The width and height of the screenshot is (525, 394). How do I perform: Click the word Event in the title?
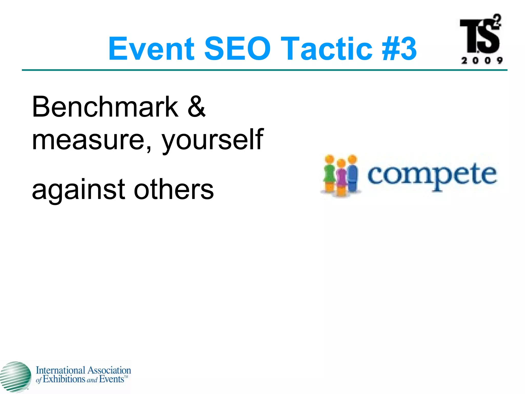(x=151, y=49)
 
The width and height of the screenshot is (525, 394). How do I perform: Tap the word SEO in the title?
(x=237, y=49)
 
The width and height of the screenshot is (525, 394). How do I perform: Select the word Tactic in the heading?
(x=326, y=49)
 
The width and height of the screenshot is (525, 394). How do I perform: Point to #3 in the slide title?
(x=399, y=49)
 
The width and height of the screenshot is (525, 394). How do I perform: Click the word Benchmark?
(x=105, y=107)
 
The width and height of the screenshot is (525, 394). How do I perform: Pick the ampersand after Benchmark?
(x=196, y=107)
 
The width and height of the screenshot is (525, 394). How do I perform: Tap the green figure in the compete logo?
(x=329, y=174)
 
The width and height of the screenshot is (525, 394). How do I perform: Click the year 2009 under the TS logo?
(x=482, y=61)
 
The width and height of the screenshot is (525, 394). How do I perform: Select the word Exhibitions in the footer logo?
(x=63, y=379)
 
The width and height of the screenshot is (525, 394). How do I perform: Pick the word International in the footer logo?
(x=60, y=370)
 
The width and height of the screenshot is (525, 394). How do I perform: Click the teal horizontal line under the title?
(x=264, y=70)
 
